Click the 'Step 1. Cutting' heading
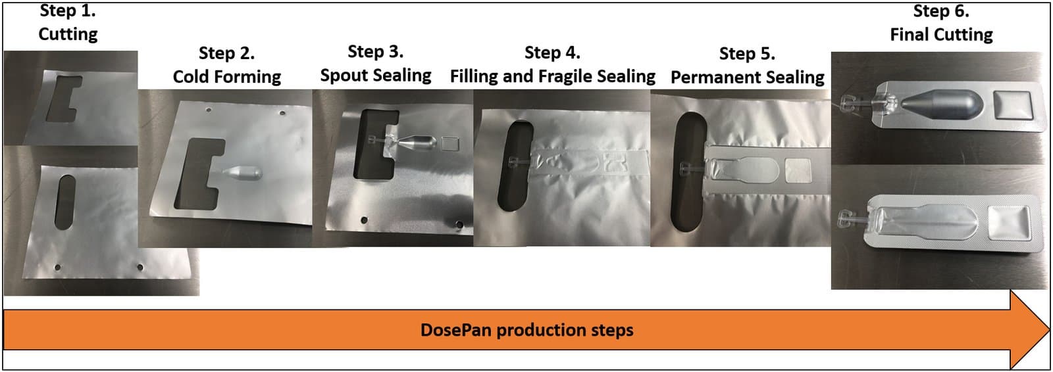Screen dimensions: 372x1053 (68, 23)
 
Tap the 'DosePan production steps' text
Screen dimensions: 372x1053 (526, 330)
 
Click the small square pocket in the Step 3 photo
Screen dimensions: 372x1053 (450, 144)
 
